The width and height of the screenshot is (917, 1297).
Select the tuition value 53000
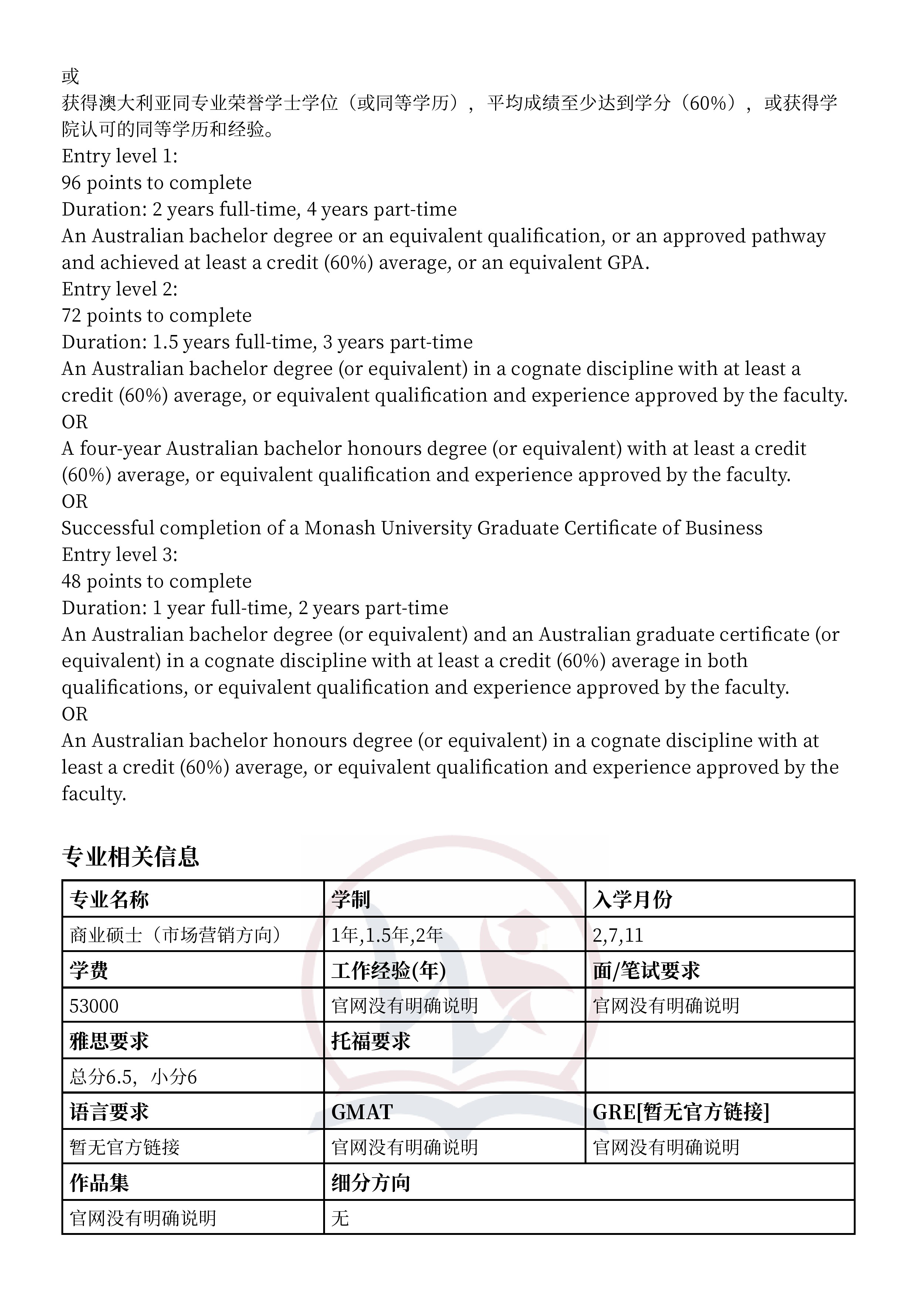click(94, 1006)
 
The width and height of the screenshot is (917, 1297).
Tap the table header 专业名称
click(109, 899)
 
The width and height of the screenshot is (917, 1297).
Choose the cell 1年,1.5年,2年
click(387, 935)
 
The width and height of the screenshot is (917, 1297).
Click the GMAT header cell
click(362, 1112)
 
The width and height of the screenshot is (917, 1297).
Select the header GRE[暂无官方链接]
click(680, 1112)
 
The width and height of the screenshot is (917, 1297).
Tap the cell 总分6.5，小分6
click(133, 1077)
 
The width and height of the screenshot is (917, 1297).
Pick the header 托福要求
click(370, 1041)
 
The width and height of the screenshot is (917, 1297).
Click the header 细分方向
click(370, 1183)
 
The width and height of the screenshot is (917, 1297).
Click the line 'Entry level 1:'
click(119, 156)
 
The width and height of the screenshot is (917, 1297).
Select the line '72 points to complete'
click(156, 315)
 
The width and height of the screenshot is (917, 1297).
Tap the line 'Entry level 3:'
click(119, 554)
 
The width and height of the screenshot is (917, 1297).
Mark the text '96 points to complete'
click(156, 183)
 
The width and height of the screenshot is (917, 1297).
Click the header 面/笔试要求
click(646, 971)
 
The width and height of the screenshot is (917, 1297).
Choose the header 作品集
click(99, 1183)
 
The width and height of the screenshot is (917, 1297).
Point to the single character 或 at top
click(71, 76)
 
